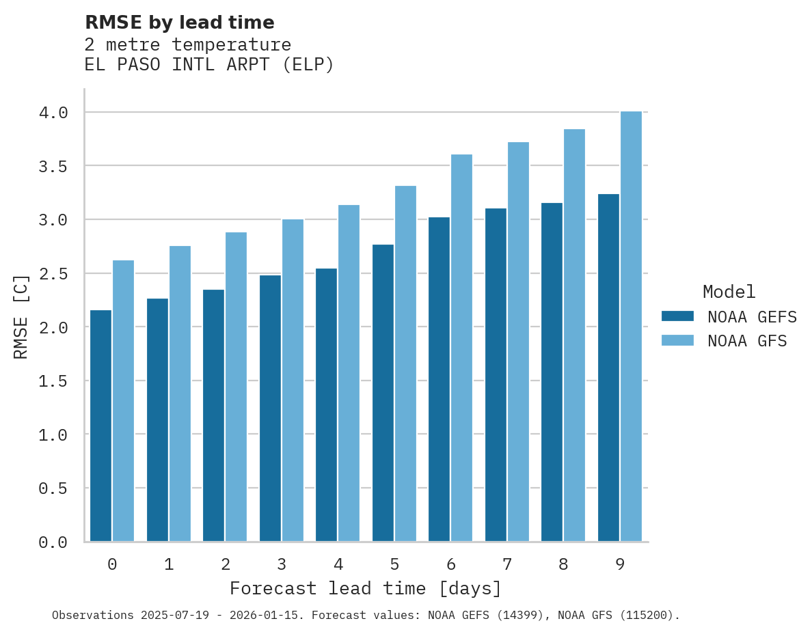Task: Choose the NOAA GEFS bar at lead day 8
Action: [x=552, y=372]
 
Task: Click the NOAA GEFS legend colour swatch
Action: [x=677, y=316]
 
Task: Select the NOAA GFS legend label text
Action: [x=747, y=341]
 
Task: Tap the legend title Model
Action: [x=729, y=292]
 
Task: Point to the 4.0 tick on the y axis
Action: [x=53, y=113]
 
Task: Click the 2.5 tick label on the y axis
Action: [x=53, y=274]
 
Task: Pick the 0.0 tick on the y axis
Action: [x=53, y=542]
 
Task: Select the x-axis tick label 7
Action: [x=507, y=564]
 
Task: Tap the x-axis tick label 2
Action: [x=225, y=564]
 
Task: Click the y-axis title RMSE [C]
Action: [x=21, y=317]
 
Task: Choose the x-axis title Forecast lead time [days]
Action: [x=366, y=588]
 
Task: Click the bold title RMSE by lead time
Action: [x=179, y=23]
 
